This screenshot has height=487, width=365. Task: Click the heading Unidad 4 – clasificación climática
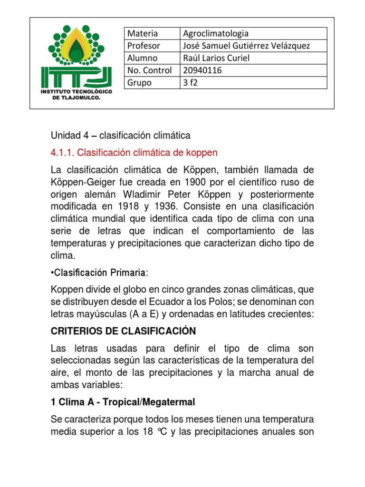point(120,136)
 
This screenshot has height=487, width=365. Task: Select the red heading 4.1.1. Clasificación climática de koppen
point(134,153)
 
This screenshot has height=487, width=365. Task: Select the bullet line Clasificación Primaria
point(100,273)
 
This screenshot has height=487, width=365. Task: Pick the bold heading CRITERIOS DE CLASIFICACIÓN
point(124,331)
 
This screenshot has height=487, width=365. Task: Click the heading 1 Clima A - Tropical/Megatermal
point(123,402)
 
